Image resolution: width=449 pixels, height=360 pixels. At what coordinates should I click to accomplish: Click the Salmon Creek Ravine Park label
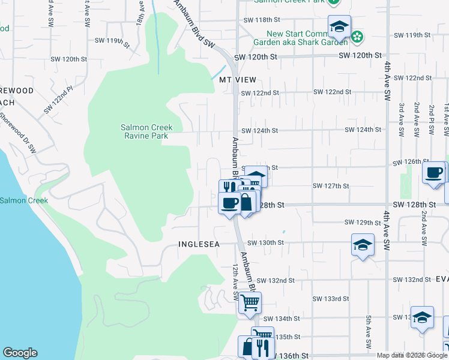pyautogui.click(x=146, y=131)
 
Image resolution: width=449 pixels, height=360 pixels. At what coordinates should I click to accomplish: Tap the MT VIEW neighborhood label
pyautogui.click(x=238, y=80)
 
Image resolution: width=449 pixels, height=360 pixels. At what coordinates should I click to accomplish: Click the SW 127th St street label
pyautogui.click(x=331, y=185)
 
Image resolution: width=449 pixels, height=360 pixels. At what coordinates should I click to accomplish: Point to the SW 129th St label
pyautogui.click(x=363, y=223)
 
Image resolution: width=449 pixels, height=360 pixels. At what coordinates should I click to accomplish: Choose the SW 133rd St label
pyautogui.click(x=331, y=299)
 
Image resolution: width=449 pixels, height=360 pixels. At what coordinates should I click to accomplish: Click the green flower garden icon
pyautogui.click(x=357, y=37)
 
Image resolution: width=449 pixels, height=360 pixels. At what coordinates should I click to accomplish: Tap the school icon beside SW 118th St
pyautogui.click(x=339, y=27)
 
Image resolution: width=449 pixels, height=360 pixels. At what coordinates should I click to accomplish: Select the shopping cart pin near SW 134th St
pyautogui.click(x=250, y=302)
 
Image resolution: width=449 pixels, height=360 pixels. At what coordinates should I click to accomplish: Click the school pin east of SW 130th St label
pyautogui.click(x=363, y=245)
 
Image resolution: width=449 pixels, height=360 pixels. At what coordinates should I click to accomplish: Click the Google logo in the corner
pyautogui.click(x=20, y=353)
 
